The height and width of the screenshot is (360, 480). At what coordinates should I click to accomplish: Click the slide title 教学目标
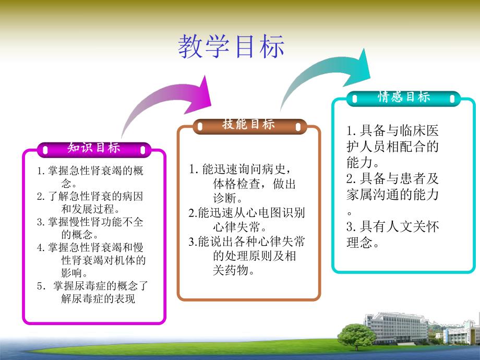pos(231,47)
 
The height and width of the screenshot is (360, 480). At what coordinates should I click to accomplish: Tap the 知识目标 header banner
pos(94,148)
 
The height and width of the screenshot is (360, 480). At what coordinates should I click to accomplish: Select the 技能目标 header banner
pos(248,125)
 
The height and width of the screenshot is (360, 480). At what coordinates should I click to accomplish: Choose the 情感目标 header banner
pos(404,97)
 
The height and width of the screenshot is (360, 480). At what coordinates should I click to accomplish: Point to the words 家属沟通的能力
pos(392,195)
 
